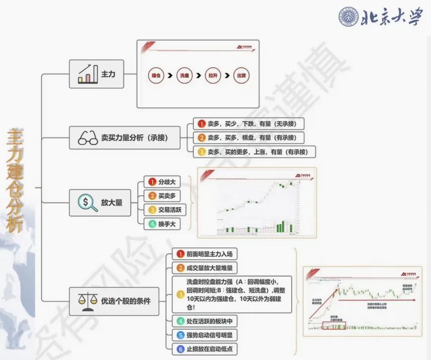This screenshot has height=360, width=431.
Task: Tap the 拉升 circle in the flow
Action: [x=213, y=75]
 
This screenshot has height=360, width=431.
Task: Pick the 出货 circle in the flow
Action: [x=242, y=75]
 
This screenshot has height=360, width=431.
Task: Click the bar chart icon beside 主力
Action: [x=88, y=74]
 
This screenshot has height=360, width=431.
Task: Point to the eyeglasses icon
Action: [x=88, y=138]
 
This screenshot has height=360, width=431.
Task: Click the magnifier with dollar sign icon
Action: [x=88, y=203]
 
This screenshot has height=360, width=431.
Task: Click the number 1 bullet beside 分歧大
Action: [x=151, y=182]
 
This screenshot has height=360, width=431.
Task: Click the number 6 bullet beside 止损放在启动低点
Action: [x=180, y=349]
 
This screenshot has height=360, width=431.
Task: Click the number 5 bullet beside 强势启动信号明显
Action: [x=180, y=335]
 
